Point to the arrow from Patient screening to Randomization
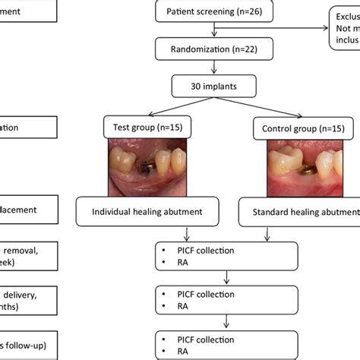coord(215,31)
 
